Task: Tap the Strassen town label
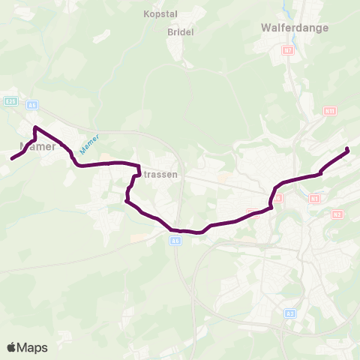(159, 174)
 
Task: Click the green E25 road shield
(10, 100)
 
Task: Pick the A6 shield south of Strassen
(175, 241)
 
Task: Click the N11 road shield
(329, 110)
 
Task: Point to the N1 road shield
(314, 198)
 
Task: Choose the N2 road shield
(337, 214)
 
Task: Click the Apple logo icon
(12, 347)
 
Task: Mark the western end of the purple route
(12, 158)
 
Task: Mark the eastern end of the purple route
(348, 151)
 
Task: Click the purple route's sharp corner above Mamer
(36, 127)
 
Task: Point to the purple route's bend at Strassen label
(138, 166)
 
